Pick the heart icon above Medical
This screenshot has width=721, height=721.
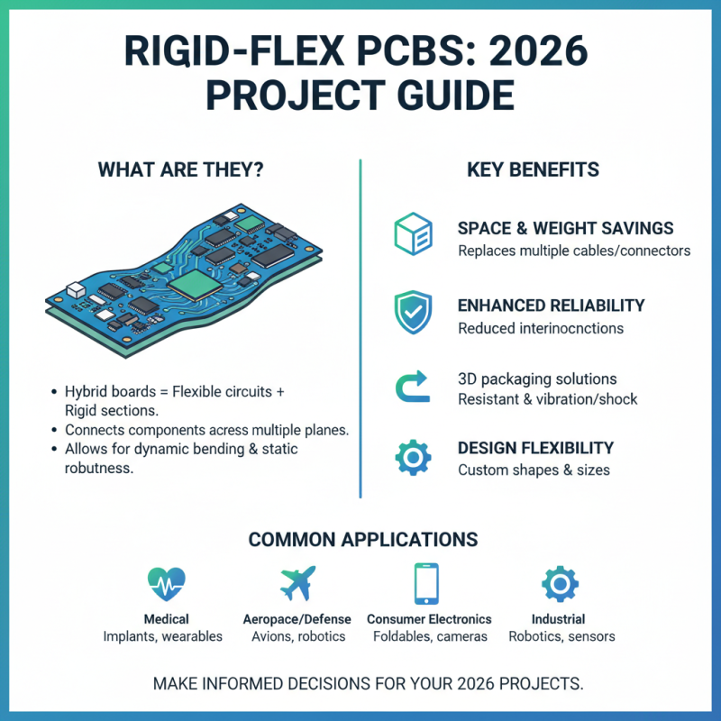pos(166,584)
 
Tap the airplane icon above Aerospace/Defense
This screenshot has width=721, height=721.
pos(297,584)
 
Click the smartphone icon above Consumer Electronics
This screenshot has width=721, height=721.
pos(428,583)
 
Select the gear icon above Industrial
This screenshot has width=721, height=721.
pos(560,583)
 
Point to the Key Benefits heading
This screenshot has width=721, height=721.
pos(534,169)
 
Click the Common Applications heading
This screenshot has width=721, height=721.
pos(362,539)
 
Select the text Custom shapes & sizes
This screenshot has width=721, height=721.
pos(534,470)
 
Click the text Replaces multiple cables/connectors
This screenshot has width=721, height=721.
pos(574,250)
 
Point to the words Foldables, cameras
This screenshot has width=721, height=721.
pos(429,636)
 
